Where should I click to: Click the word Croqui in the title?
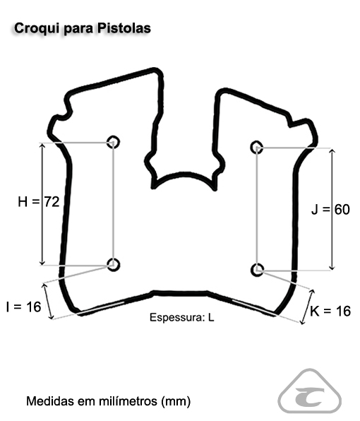click(36, 29)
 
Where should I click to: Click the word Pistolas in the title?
click(124, 28)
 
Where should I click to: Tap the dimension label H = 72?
click(39, 201)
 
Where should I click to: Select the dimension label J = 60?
click(330, 209)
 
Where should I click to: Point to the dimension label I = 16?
click(23, 307)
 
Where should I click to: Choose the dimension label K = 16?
click(330, 312)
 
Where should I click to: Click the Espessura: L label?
click(182, 317)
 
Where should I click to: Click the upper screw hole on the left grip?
click(113, 142)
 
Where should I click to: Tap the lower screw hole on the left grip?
click(113, 265)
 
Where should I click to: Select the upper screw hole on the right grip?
click(257, 147)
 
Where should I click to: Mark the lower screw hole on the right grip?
click(257, 270)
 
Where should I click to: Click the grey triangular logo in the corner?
click(310, 391)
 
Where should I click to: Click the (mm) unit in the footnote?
click(176, 402)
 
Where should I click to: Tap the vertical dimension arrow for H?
click(42, 204)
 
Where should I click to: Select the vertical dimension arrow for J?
click(332, 209)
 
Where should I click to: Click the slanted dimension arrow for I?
click(48, 301)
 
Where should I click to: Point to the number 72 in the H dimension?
click(52, 201)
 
